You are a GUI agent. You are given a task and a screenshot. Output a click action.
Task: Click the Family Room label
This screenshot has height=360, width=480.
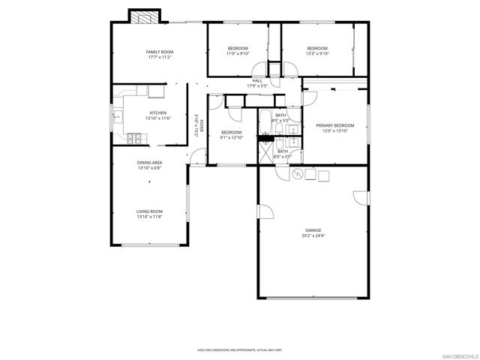[x=159, y=52]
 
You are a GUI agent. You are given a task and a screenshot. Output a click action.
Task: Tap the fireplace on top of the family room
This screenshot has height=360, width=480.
[x=144, y=16]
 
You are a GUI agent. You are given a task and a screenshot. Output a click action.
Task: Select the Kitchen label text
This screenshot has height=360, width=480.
[x=157, y=113]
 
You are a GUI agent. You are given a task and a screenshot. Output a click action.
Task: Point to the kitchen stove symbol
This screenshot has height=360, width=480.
[x=135, y=138]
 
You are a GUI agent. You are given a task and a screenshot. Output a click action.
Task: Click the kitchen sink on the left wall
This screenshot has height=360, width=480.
[x=117, y=116]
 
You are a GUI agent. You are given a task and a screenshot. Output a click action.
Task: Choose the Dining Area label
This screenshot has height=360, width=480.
[x=149, y=163]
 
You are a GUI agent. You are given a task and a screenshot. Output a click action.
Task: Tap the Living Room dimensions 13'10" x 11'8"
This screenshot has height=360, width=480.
[x=149, y=217]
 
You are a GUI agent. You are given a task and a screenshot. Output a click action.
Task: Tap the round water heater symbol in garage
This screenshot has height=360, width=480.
[x=296, y=175]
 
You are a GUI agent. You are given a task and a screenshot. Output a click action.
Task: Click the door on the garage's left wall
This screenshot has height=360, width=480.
[x=265, y=211]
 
